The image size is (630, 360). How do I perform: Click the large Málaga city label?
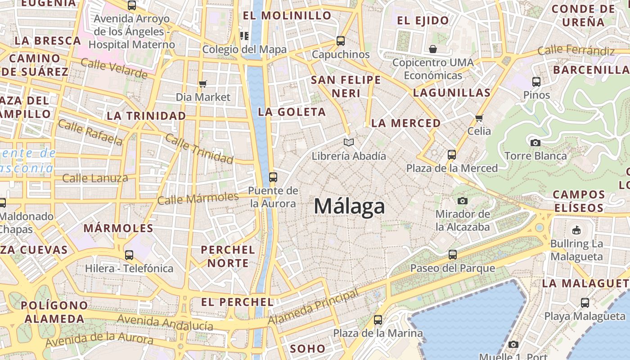pos(349,207)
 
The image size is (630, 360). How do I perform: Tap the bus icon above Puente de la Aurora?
pos(273,177)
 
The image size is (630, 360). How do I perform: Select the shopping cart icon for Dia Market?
pos(203,84)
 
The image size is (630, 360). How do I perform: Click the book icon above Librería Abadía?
pos(349,143)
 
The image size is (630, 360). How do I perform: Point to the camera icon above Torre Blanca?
pos(535,143)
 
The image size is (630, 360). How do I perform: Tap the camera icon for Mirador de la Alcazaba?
pos(463,201)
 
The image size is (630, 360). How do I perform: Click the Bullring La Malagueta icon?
pos(576,230)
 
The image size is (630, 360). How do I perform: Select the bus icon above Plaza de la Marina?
pos(378,320)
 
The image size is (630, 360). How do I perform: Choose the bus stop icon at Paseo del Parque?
pos(453,255)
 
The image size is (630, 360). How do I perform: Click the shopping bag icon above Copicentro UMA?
pos(433,49)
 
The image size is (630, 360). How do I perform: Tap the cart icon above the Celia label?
pos(479,118)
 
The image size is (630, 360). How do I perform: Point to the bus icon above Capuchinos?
pos(341,41)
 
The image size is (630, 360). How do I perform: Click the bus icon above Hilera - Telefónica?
pos(129,255)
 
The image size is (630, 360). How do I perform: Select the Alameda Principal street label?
pos(314,307)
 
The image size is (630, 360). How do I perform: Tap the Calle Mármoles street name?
pos(198,198)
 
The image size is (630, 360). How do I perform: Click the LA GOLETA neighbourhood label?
pos(292,112)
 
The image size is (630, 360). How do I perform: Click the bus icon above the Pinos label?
pos(536,82)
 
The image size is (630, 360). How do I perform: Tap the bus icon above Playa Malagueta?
pos(585,303)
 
